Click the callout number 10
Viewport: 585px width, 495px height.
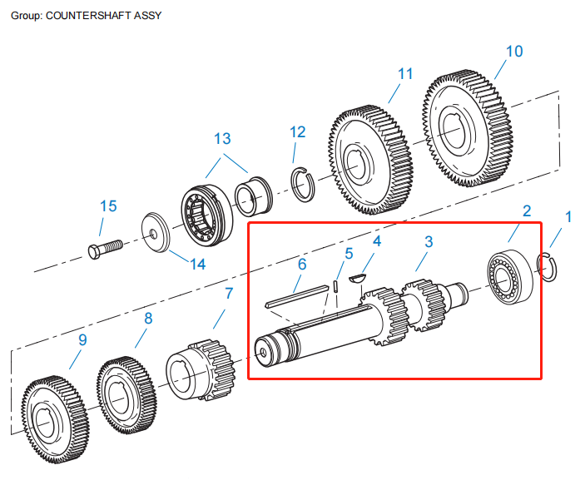pyautogui.click(x=514, y=52)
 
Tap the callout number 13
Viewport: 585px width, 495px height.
pyautogui.click(x=222, y=138)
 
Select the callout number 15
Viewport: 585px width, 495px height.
pyautogui.click(x=109, y=205)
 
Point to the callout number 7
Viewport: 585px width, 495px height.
pyautogui.click(x=229, y=293)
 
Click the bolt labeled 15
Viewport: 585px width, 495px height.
pyautogui.click(x=103, y=248)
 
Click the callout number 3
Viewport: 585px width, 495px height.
pyautogui.click(x=429, y=242)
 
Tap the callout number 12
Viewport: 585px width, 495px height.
pyautogui.click(x=297, y=132)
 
